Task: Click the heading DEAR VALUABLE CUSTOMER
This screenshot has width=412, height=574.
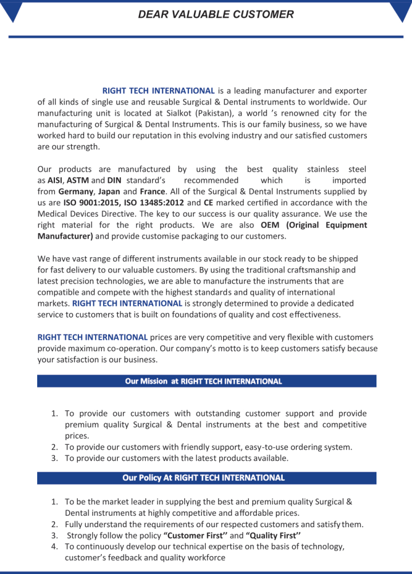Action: point(216,14)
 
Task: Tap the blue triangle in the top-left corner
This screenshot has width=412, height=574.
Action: point(12,11)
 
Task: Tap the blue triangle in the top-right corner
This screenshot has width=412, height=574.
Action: point(400,11)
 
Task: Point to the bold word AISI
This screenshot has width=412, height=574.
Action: point(55,180)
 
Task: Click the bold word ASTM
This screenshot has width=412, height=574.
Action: point(78,180)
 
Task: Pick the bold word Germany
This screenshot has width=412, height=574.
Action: point(77,192)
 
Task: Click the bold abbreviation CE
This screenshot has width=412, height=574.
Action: point(208,202)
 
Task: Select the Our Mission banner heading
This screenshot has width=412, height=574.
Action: point(203,381)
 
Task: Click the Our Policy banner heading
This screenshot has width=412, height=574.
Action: point(203,478)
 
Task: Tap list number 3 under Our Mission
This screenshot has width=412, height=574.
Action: point(54,458)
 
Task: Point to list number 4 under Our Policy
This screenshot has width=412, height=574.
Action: point(54,547)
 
